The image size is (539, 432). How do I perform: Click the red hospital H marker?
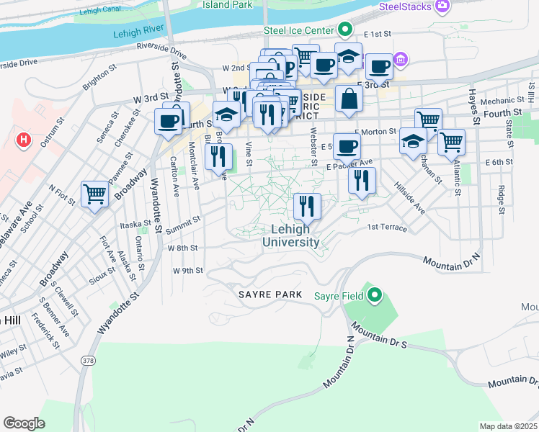coord(24,139)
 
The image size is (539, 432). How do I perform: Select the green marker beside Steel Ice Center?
coord(345,30)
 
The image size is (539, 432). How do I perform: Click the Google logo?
coord(24,423)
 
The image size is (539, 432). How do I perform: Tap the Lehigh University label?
coord(295,235)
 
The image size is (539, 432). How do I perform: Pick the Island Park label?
coord(226,4)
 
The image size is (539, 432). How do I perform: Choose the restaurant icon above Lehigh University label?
coord(308,206)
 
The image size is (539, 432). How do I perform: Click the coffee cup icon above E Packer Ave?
coord(347,147)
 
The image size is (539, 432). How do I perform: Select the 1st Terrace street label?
coord(387,228)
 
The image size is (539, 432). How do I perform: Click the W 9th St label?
coord(188,271)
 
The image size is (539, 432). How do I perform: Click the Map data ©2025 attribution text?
coord(508,426)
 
